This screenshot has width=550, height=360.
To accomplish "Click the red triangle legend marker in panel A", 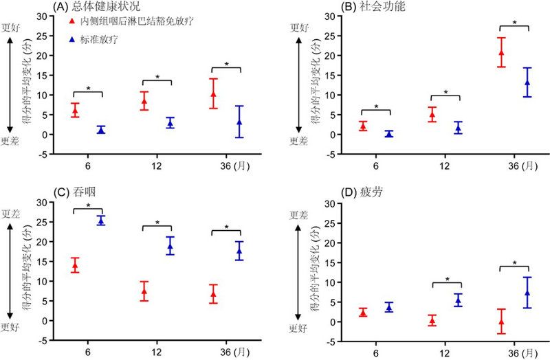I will [74, 21].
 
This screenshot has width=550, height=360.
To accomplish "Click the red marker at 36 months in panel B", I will [501, 52].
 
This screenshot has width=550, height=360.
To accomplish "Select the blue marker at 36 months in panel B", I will [527, 82].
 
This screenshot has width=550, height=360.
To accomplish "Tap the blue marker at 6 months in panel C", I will [101, 221].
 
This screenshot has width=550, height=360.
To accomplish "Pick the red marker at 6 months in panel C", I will [75, 265].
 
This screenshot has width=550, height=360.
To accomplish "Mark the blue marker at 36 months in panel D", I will [527, 293].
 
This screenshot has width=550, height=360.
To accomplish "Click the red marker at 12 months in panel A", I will [144, 101].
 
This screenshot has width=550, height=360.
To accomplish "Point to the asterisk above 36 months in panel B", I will [514, 23].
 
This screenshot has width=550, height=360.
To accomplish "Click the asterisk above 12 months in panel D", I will [448, 280].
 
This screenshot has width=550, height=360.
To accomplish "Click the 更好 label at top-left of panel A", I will [12, 27].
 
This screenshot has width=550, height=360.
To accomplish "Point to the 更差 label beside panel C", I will [12, 214].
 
